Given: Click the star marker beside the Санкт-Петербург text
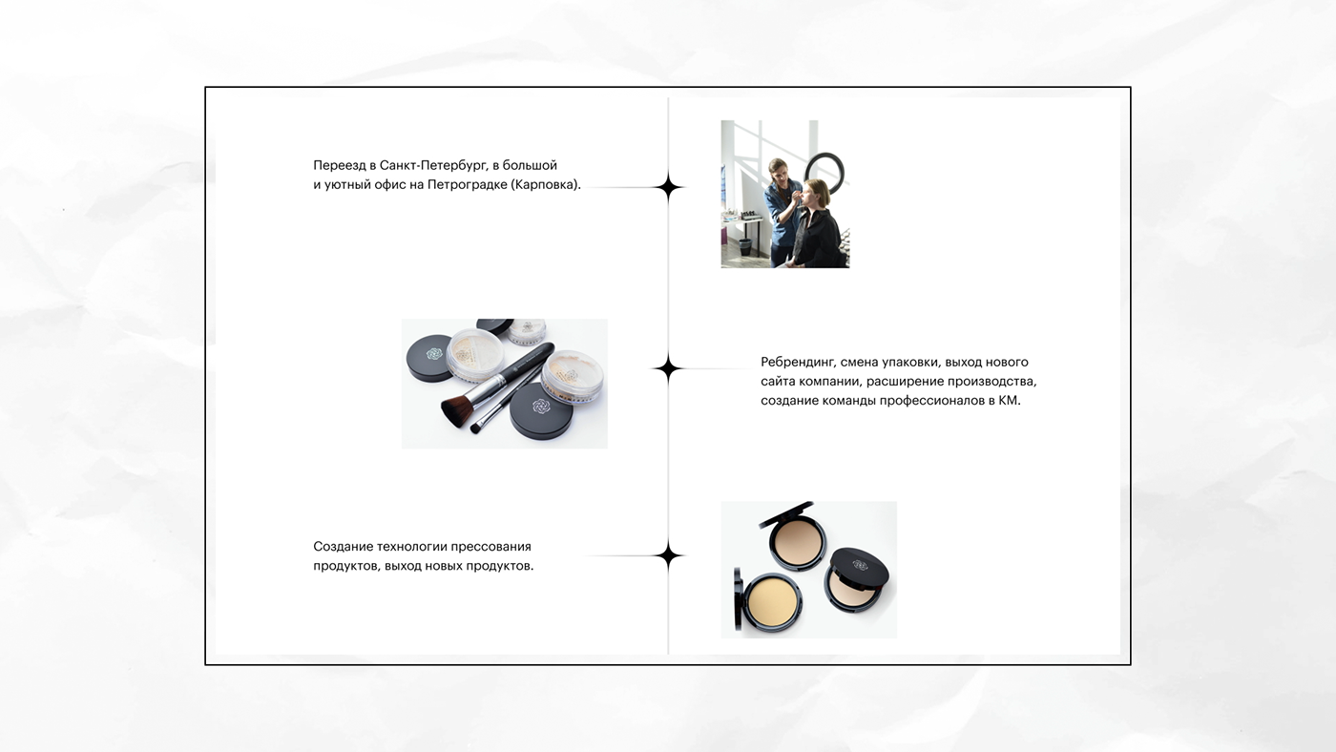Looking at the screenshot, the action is pyautogui.click(x=668, y=187).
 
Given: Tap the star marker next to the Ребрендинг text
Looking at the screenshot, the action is pyautogui.click(x=668, y=368).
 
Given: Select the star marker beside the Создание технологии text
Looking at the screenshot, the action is pyautogui.click(x=668, y=555).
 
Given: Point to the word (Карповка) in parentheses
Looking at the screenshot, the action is pyautogui.click(x=545, y=185).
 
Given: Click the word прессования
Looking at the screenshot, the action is pyautogui.click(x=491, y=547).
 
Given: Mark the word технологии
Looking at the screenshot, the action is pyautogui.click(x=411, y=547).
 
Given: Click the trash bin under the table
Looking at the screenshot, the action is pyautogui.click(x=745, y=247).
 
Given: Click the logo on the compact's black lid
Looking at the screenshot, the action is pyautogui.click(x=860, y=565).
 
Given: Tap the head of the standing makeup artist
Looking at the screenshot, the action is pyautogui.click(x=777, y=170).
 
